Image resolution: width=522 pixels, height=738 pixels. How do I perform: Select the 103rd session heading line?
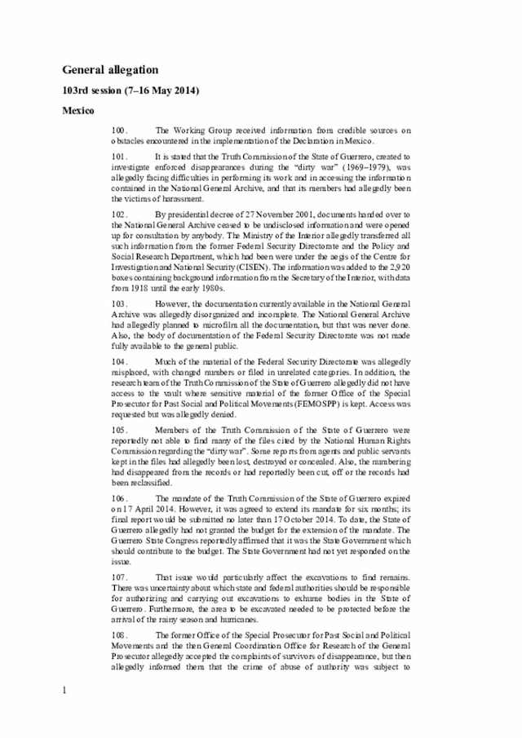131,90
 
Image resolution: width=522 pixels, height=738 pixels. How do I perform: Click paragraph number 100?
120,130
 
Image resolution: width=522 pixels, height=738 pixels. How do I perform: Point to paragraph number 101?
120,155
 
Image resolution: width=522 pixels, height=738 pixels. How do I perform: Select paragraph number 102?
120,214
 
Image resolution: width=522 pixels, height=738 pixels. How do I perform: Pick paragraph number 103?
120,302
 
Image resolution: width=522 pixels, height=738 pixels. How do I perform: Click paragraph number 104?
120,360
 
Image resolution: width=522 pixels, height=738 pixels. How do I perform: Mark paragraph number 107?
120,577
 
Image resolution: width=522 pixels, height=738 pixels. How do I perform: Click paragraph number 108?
120,634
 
